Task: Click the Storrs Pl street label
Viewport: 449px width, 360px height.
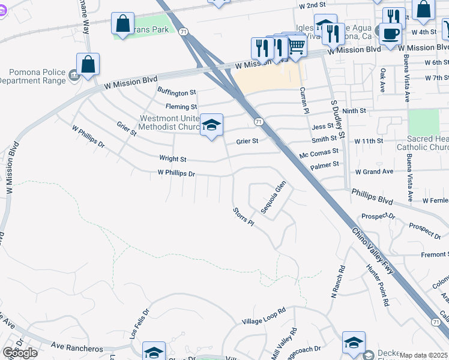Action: tap(244, 217)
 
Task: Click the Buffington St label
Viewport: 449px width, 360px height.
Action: tap(176, 92)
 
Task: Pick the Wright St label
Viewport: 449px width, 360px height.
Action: tap(173, 159)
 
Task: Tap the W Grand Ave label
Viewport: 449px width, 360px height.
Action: tap(374, 172)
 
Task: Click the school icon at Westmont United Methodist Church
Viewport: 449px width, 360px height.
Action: tap(211, 125)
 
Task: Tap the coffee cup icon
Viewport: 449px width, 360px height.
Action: tap(390, 34)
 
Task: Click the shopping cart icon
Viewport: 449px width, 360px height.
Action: tap(295, 46)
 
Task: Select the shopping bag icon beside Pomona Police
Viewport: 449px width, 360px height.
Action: tap(88, 65)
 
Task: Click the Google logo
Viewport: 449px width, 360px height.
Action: tap(19, 353)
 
